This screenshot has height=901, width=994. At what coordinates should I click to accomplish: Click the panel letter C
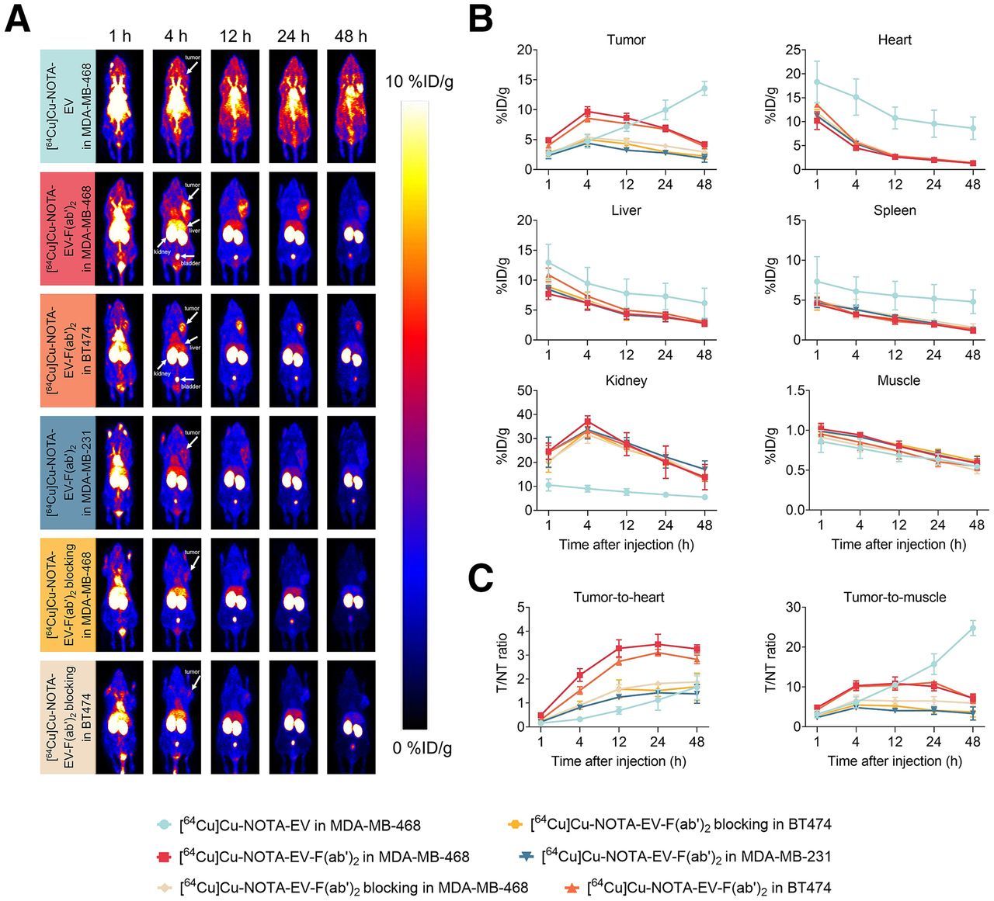(481, 577)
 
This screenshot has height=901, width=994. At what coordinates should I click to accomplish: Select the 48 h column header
(351, 36)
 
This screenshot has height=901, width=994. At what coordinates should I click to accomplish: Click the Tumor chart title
(626, 40)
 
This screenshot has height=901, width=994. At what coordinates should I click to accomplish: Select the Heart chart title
(895, 40)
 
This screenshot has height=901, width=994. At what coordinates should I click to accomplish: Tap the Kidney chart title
(626, 381)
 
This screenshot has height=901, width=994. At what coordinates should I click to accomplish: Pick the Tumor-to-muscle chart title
(895, 597)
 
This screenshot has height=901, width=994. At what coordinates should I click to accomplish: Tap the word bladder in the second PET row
(191, 264)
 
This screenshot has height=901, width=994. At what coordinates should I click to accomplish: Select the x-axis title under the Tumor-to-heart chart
(619, 761)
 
